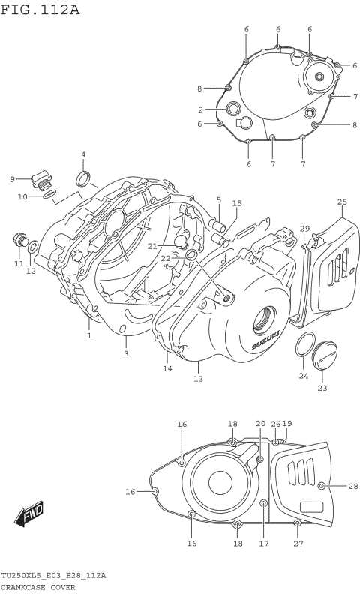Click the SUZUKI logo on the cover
click(266, 339)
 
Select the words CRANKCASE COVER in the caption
click(38, 587)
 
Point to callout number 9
click(13, 178)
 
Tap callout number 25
click(342, 202)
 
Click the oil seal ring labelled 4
click(84, 178)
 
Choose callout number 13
click(198, 379)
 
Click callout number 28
click(353, 487)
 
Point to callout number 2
click(201, 109)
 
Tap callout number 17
click(263, 543)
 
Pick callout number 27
click(298, 543)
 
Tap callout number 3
click(125, 352)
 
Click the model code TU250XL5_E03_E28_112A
click(53, 575)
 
